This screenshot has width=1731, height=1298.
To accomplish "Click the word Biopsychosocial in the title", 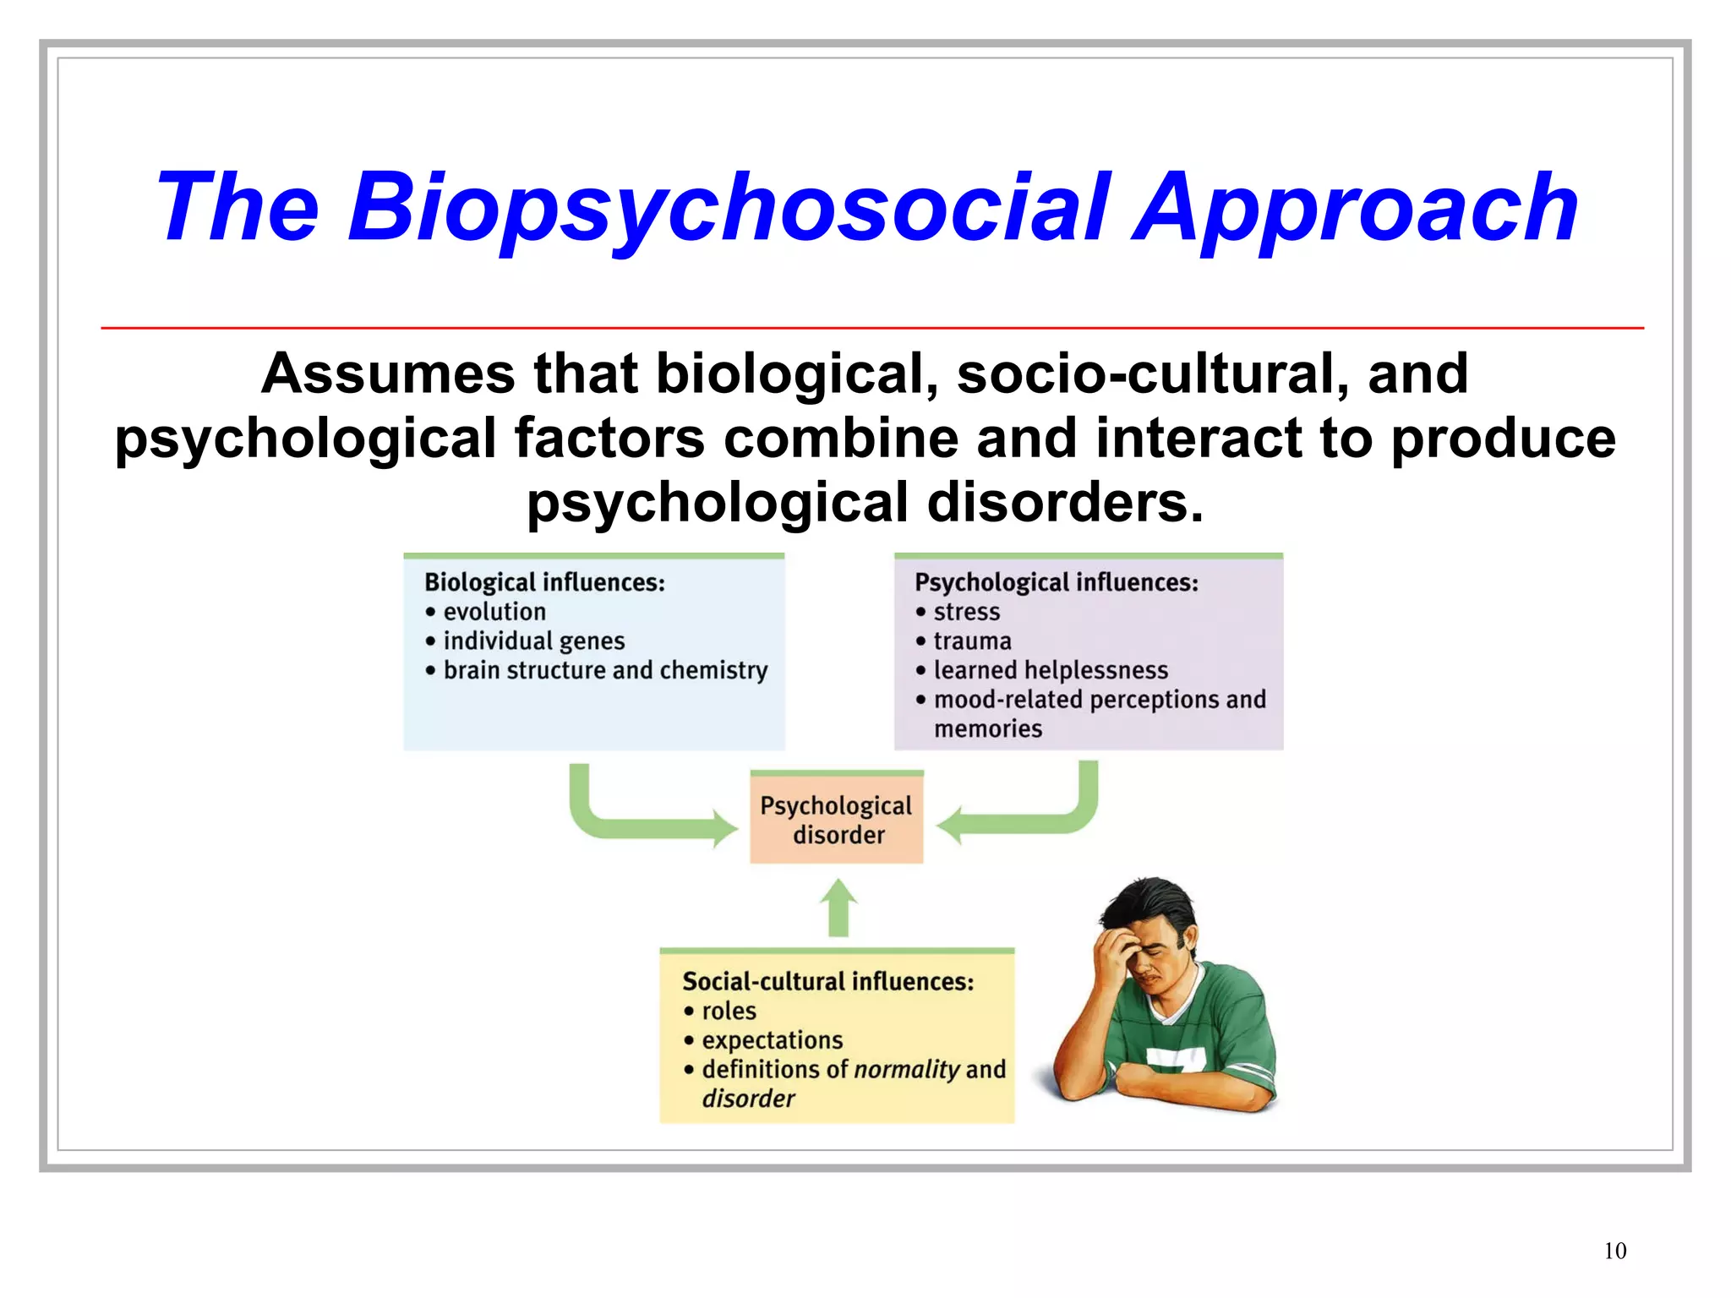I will (x=729, y=207).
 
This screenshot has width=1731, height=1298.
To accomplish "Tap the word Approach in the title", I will (x=1355, y=207).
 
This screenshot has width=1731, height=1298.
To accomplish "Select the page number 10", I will (x=1614, y=1251).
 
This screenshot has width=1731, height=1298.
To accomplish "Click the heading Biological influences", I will (x=544, y=582).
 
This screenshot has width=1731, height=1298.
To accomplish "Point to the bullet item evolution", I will (x=494, y=612).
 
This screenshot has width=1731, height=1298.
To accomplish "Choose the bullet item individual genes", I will (x=533, y=641).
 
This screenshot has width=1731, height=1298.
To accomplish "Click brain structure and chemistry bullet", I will (x=605, y=670).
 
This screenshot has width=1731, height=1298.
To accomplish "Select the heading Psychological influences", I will (x=1056, y=582).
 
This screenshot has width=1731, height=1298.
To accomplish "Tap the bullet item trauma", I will (x=972, y=641).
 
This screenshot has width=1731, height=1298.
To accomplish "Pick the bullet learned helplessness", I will (x=1051, y=670).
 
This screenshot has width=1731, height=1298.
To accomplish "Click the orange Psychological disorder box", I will (x=836, y=819).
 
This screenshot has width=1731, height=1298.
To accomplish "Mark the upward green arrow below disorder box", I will (x=838, y=908).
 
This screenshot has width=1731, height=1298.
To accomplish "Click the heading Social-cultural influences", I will (x=827, y=981).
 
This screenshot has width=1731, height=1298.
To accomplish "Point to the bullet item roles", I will (x=729, y=1011).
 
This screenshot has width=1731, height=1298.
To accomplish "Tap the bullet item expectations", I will (x=772, y=1040).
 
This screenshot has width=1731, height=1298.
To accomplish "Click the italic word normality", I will (x=907, y=1070).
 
